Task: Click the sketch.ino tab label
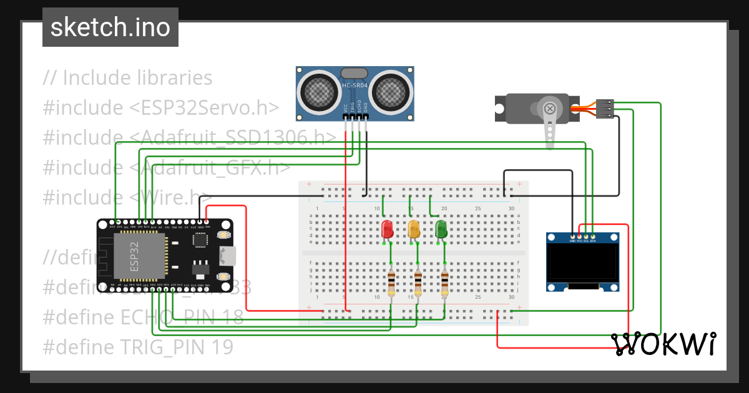[110, 27]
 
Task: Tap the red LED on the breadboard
[386, 229]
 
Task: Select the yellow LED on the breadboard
[413, 229]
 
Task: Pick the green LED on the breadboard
[441, 229]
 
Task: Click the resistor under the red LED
[391, 284]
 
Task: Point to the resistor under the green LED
[444, 284]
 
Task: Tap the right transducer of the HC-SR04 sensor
[391, 92]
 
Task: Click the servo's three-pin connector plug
[605, 109]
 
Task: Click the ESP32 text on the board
[138, 256]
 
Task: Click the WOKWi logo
[663, 344]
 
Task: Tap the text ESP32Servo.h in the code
[203, 108]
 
